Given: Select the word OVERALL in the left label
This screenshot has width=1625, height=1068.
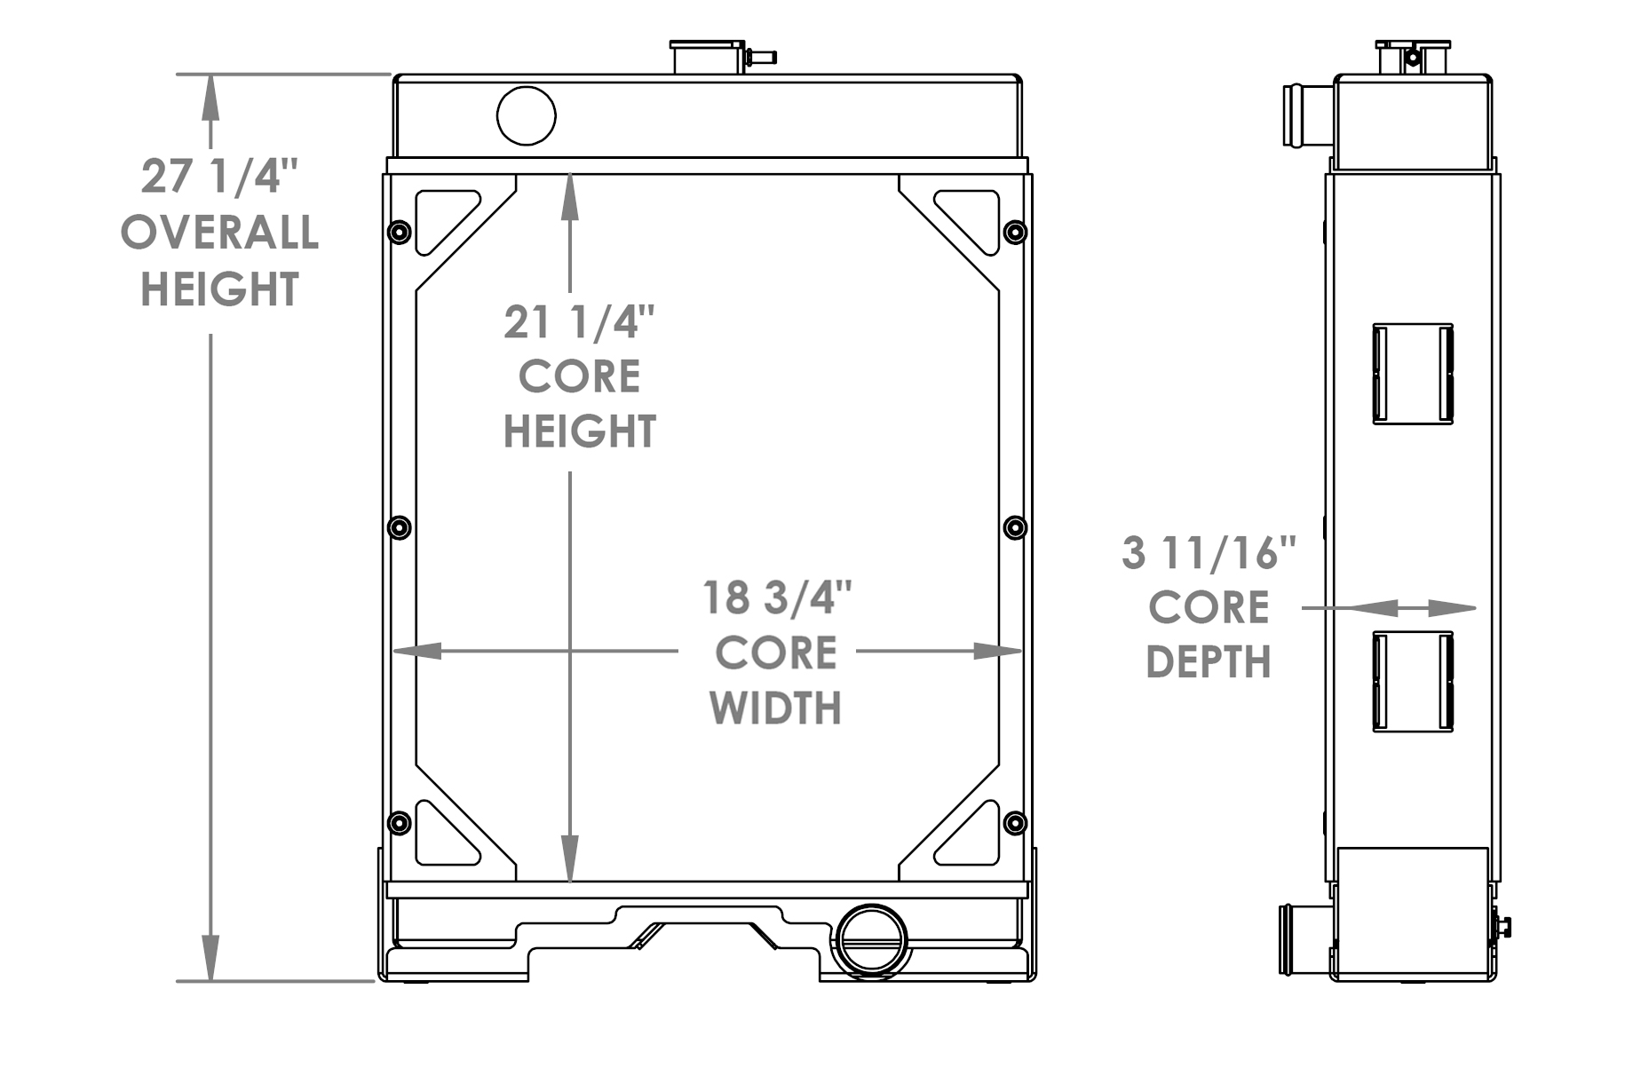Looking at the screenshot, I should pos(219,233).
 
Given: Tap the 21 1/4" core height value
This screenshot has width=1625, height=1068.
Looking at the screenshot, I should pos(579,321).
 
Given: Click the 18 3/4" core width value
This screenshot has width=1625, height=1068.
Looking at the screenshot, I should pos(777,597).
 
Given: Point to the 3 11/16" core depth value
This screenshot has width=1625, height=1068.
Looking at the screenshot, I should pos(1209,553).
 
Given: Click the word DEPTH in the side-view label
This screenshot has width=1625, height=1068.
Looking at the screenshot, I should pos(1209,662).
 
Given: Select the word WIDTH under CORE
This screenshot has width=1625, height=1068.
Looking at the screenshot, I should pos(775,708).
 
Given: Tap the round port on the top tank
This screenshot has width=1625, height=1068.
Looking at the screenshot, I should pos(527,115).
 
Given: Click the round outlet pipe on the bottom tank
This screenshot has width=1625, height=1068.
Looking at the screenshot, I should pos(871,941).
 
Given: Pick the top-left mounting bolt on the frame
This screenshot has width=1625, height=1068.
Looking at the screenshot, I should pos(400,233).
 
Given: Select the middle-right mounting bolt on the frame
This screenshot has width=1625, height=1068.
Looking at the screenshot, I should pos(1015,527).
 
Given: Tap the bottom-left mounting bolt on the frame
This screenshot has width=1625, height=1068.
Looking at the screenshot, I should pos(400,822).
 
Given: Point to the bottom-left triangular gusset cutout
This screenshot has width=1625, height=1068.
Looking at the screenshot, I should pos(442,837).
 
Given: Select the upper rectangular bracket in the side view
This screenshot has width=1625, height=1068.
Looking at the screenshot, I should pos(1413,374).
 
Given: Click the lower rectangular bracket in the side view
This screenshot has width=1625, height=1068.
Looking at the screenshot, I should pos(1413,682).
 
